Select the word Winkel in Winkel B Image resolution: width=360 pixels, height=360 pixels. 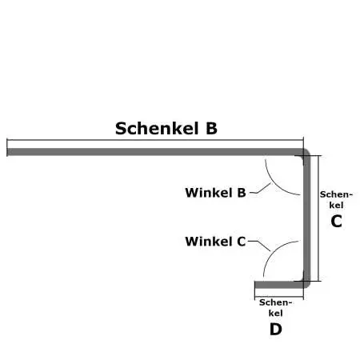click(x=209, y=192)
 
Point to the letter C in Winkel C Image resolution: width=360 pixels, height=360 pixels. click(x=241, y=241)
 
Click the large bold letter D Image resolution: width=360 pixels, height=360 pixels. click(x=275, y=328)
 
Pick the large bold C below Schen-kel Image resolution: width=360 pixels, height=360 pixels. click(x=336, y=222)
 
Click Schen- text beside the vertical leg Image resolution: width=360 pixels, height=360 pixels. click(x=335, y=194)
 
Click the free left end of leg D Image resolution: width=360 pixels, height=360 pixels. click(x=256, y=284)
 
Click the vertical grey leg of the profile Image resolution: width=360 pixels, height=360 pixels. click(x=306, y=216)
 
